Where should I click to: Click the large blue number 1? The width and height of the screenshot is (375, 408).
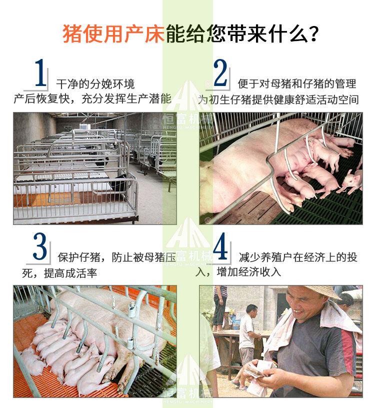point(41,73)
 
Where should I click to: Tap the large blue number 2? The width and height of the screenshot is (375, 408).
point(220,73)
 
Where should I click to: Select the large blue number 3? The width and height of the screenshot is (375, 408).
point(40,246)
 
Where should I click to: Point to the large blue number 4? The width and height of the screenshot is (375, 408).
point(220,246)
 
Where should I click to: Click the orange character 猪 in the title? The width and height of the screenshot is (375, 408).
point(72,34)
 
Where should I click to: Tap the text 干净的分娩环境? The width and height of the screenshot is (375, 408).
point(95,84)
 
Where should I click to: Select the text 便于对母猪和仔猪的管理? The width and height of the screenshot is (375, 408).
point(297,84)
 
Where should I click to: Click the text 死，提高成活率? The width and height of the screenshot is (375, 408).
point(59,273)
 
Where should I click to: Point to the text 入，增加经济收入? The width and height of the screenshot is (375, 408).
point(238,272)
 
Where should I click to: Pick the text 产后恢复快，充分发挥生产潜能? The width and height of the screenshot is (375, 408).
point(92,99)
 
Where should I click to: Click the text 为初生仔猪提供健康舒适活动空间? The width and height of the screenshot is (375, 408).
point(278,99)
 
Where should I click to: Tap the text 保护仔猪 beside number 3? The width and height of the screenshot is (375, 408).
point(79,257)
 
